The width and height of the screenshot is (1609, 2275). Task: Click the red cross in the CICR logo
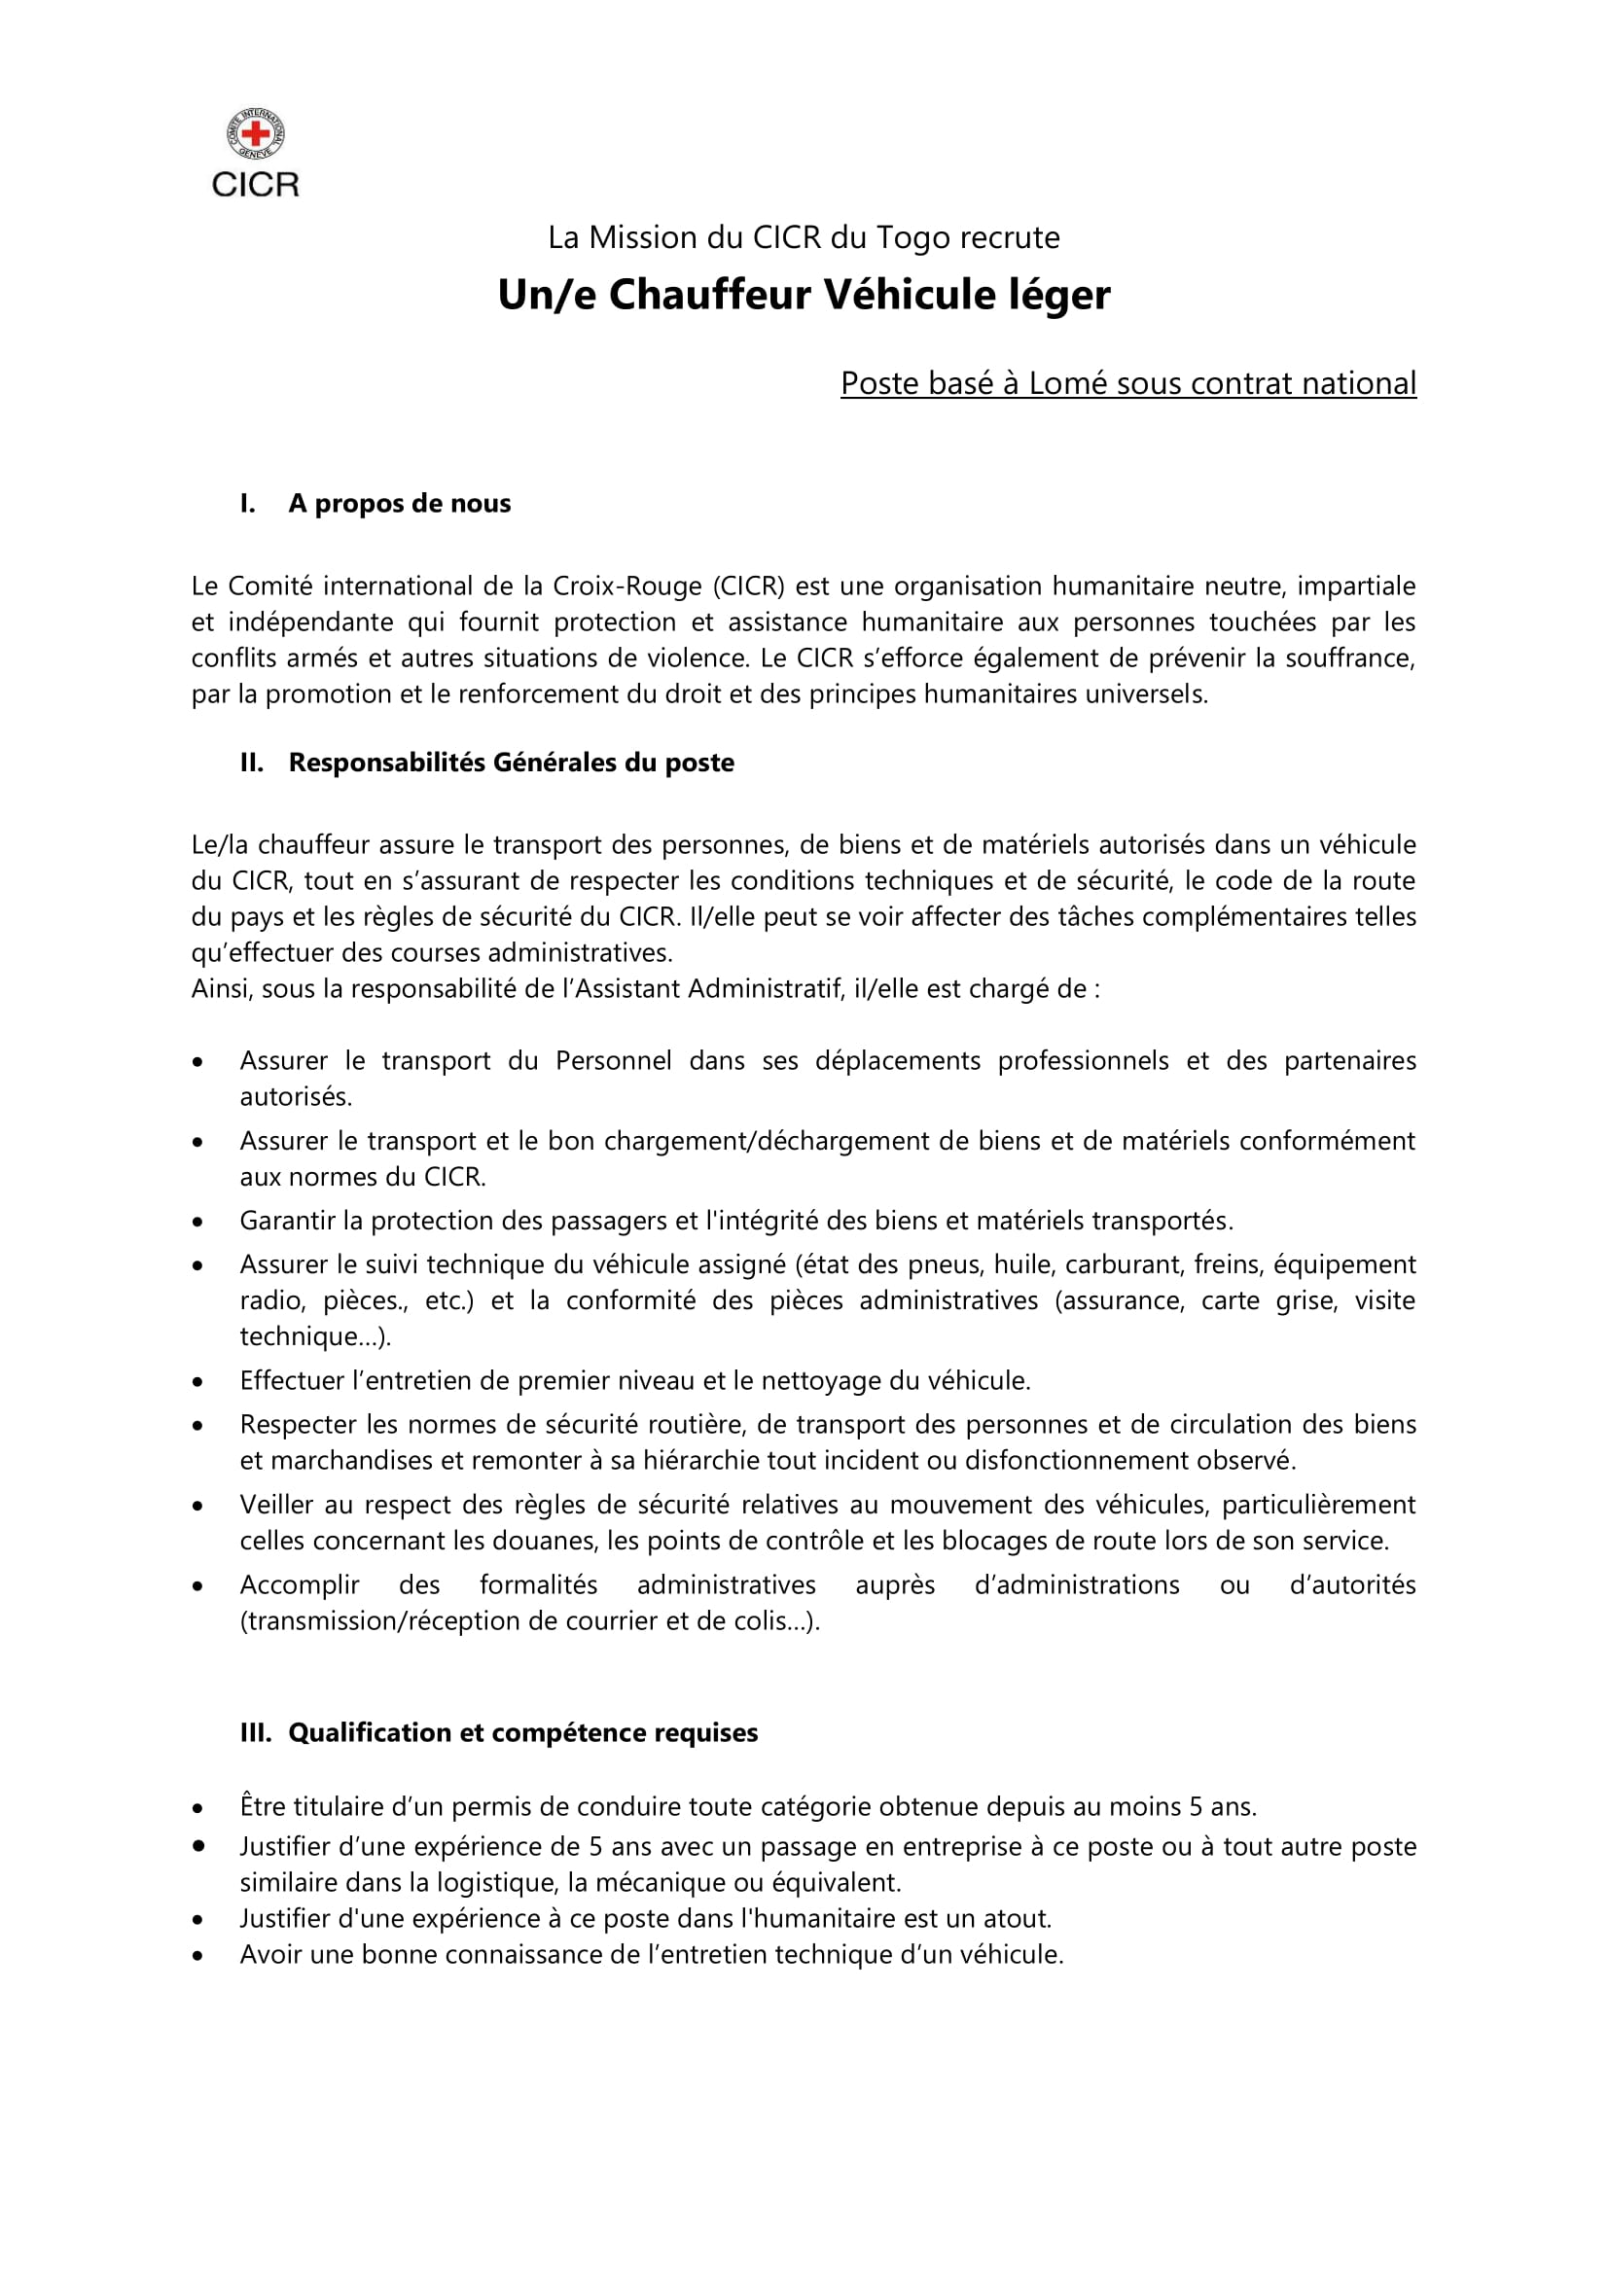click(x=256, y=134)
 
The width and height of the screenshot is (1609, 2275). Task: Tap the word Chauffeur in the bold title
click(x=709, y=296)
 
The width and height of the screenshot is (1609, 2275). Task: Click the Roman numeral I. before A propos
click(x=248, y=504)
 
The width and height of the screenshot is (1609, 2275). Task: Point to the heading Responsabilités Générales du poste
click(x=512, y=762)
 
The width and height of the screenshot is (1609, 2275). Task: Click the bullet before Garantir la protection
click(x=199, y=1222)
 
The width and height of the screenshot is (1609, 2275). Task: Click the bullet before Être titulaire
click(x=199, y=1808)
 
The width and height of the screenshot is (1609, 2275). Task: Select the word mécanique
click(x=661, y=1882)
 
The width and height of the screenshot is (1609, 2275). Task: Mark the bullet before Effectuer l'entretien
click(x=199, y=1382)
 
